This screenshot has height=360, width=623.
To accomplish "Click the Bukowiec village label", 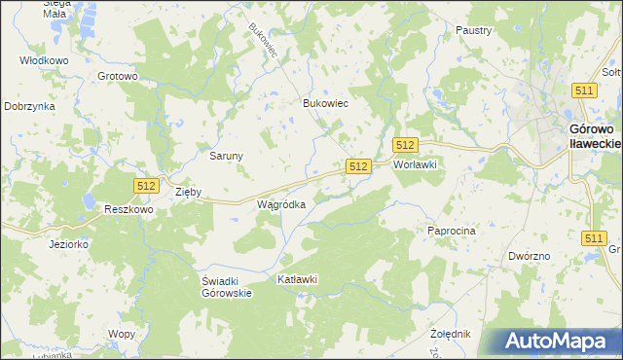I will (326, 102).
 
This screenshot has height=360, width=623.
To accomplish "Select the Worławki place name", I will (416, 164).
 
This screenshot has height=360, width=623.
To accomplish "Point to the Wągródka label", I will (281, 204).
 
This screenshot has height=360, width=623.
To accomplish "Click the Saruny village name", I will (226, 155).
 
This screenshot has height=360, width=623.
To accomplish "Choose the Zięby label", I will (187, 192).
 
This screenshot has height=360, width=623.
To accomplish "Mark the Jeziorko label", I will (69, 244).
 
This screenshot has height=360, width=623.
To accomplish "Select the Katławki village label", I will (298, 279).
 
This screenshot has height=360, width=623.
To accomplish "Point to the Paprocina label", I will (451, 231).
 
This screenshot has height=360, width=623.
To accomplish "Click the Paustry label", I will (473, 30).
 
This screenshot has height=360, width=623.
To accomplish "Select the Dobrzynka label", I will (28, 106).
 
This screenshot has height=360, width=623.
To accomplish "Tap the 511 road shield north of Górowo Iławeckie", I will (584, 90).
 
